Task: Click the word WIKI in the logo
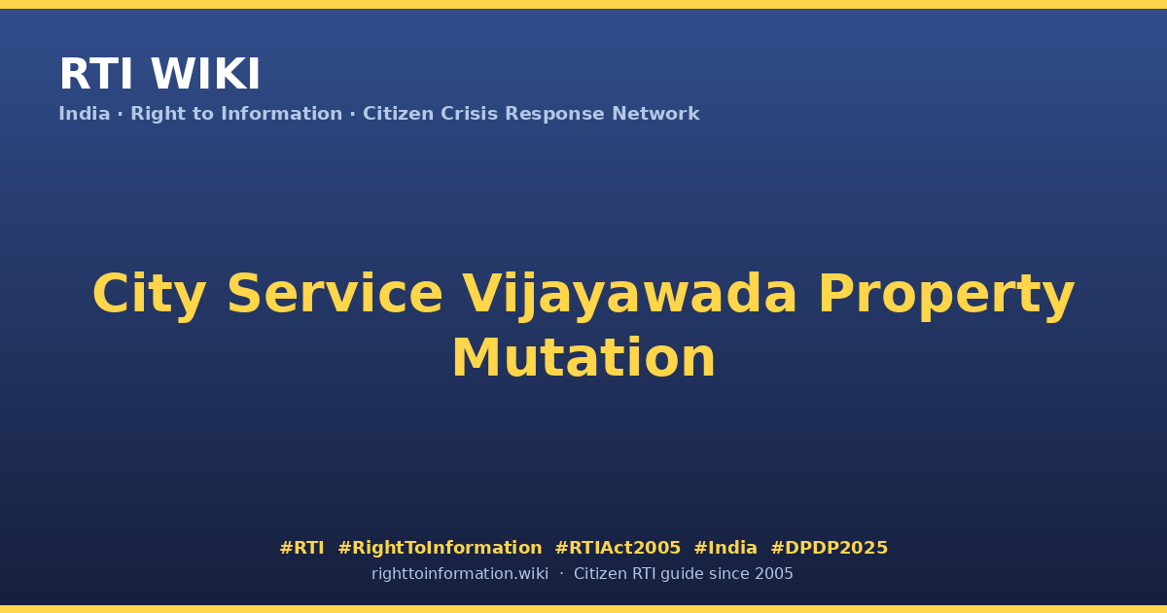tap(205, 74)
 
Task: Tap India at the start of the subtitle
tap(85, 114)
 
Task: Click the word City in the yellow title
tap(149, 295)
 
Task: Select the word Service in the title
tap(335, 294)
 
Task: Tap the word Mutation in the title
tap(583, 358)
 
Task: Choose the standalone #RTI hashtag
tap(301, 548)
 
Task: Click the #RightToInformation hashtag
tap(440, 548)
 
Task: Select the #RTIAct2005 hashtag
tap(618, 548)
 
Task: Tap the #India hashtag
tap(725, 548)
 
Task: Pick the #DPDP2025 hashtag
tap(829, 548)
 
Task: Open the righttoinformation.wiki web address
tap(460, 574)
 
